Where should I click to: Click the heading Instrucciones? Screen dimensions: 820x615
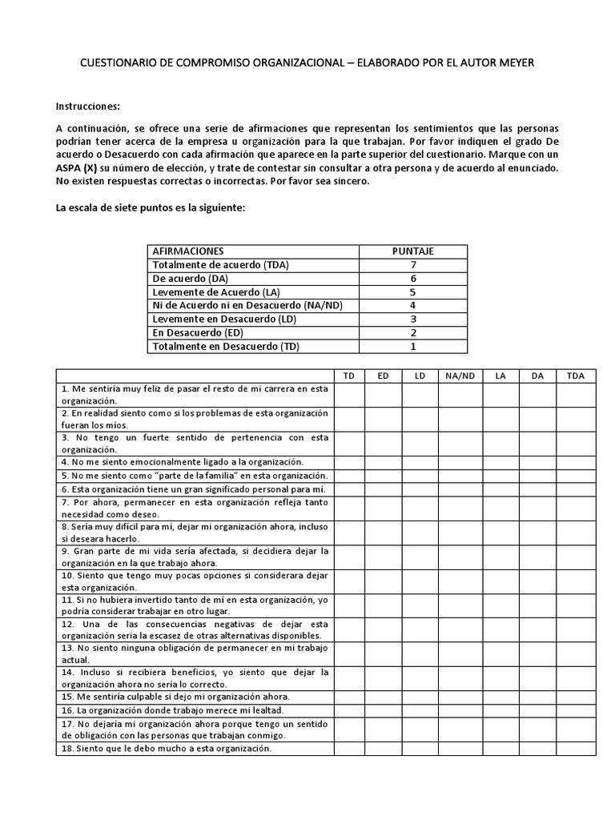pyautogui.click(x=88, y=106)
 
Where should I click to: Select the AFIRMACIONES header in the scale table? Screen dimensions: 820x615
pyautogui.click(x=188, y=251)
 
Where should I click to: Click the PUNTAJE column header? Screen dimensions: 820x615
pyautogui.click(x=412, y=251)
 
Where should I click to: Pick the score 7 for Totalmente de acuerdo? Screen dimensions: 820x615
pyautogui.click(x=412, y=264)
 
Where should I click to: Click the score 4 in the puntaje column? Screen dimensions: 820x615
pyautogui.click(x=412, y=305)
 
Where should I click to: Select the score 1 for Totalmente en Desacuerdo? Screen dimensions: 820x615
pyautogui.click(x=412, y=346)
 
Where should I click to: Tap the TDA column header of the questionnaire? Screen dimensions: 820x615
pyautogui.click(x=576, y=376)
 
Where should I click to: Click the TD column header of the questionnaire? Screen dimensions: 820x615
pyautogui.click(x=348, y=376)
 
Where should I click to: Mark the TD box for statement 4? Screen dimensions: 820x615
pyautogui.click(x=348, y=462)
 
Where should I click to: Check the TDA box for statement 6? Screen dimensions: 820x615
pyautogui.click(x=576, y=488)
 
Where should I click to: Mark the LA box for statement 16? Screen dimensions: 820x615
pyautogui.click(x=500, y=709)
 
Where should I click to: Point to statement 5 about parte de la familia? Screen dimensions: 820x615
pyautogui.click(x=183, y=476)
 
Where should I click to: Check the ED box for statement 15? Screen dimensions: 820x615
pyautogui.click(x=384, y=697)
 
